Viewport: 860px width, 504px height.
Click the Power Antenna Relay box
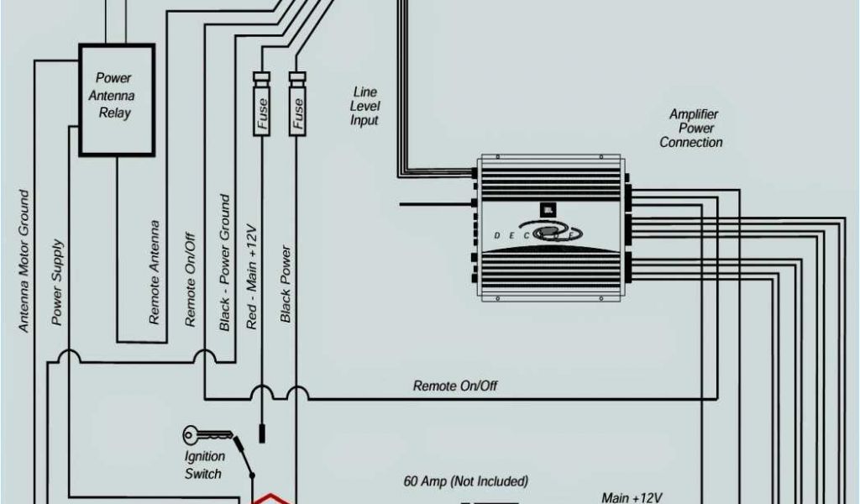click(116, 99)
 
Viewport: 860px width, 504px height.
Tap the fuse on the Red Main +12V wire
click(262, 104)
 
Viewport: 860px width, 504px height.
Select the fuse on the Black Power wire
click(296, 104)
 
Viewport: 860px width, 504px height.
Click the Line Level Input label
click(364, 107)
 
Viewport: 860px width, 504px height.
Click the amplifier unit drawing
click(549, 226)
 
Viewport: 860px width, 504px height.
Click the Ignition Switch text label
click(204, 465)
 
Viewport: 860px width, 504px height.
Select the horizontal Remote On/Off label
click(455, 386)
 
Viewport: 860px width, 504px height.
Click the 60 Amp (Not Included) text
click(465, 481)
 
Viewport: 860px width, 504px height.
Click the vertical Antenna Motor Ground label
click(24, 260)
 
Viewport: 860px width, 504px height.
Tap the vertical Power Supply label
click(57, 282)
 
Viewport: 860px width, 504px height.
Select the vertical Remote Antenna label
click(155, 272)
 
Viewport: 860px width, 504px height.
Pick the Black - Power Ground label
click(225, 262)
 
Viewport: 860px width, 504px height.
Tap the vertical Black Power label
click(286, 283)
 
